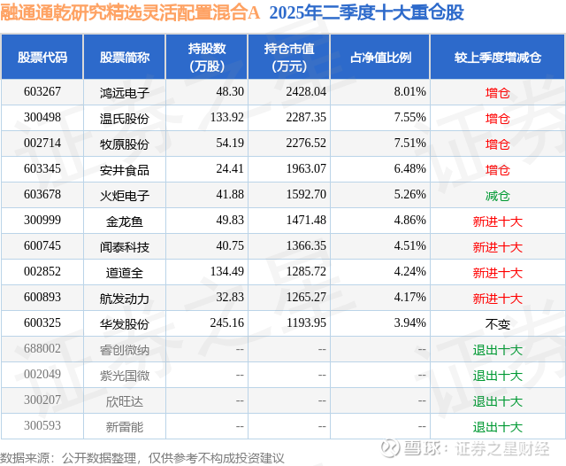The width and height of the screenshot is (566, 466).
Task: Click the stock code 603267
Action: [42, 92]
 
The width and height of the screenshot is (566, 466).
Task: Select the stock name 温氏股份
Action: [124, 118]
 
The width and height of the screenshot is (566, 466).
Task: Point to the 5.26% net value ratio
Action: [409, 195]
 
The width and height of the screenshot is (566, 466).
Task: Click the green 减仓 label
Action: [498, 195]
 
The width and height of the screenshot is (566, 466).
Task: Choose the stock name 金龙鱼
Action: [124, 221]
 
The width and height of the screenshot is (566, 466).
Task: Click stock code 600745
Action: [42, 246]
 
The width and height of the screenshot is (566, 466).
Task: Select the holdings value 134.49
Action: [225, 272]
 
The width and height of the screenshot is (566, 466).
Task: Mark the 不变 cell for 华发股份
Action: [498, 323]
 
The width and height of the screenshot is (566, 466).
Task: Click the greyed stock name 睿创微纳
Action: [124, 349]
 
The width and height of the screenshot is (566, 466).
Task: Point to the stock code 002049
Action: [42, 375]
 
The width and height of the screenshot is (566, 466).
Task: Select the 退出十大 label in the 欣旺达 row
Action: [498, 400]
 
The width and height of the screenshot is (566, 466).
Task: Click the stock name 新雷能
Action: [124, 426]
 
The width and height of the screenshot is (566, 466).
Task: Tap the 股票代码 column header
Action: [42, 58]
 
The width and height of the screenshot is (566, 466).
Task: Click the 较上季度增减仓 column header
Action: [498, 58]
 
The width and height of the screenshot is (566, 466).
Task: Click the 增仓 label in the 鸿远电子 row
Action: [498, 92]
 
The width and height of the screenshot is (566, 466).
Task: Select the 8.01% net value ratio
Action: [409, 92]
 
